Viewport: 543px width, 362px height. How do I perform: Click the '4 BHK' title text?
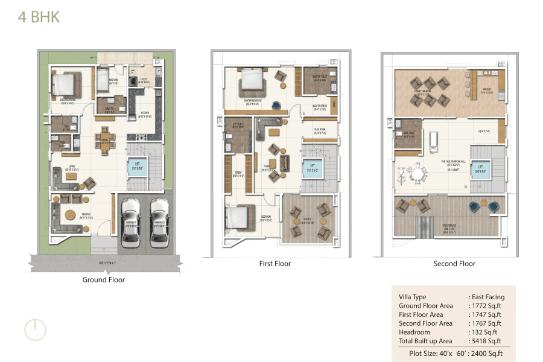(39, 17)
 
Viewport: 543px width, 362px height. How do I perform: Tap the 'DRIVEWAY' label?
(104, 264)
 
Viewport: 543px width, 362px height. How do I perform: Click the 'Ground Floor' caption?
(104, 279)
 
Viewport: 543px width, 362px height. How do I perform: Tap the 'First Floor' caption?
(275, 264)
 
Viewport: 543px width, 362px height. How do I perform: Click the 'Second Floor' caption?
(454, 264)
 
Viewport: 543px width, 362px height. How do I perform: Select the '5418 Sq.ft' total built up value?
(486, 341)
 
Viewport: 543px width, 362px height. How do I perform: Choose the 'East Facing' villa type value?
(487, 297)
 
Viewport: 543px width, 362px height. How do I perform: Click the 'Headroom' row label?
(414, 332)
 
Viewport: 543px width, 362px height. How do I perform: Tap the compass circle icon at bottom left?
(35, 329)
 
